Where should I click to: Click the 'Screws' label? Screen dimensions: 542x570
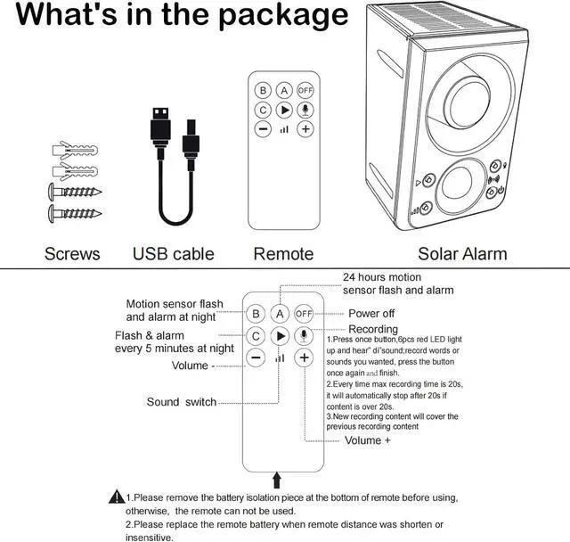pyautogui.click(x=72, y=254)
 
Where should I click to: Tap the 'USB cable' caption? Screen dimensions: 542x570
pyautogui.click(x=174, y=254)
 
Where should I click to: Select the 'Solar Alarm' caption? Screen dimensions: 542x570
pyautogui.click(x=462, y=254)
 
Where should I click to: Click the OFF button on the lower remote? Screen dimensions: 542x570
pyautogui.click(x=305, y=314)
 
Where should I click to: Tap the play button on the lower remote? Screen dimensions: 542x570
pyautogui.click(x=280, y=336)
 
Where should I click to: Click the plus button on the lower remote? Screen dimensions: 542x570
pyautogui.click(x=305, y=357)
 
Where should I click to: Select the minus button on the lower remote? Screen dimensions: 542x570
pyautogui.click(x=256, y=357)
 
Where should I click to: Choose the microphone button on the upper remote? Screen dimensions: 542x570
pyautogui.click(x=305, y=110)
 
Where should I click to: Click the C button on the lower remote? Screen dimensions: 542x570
pyautogui.click(x=256, y=336)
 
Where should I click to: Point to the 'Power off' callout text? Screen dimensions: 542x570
pyautogui.click(x=371, y=314)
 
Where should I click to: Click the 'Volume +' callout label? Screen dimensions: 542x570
pyautogui.click(x=368, y=440)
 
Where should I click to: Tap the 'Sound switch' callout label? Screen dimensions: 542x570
pyautogui.click(x=182, y=402)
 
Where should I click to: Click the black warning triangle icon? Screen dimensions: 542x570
pyautogui.click(x=116, y=497)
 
